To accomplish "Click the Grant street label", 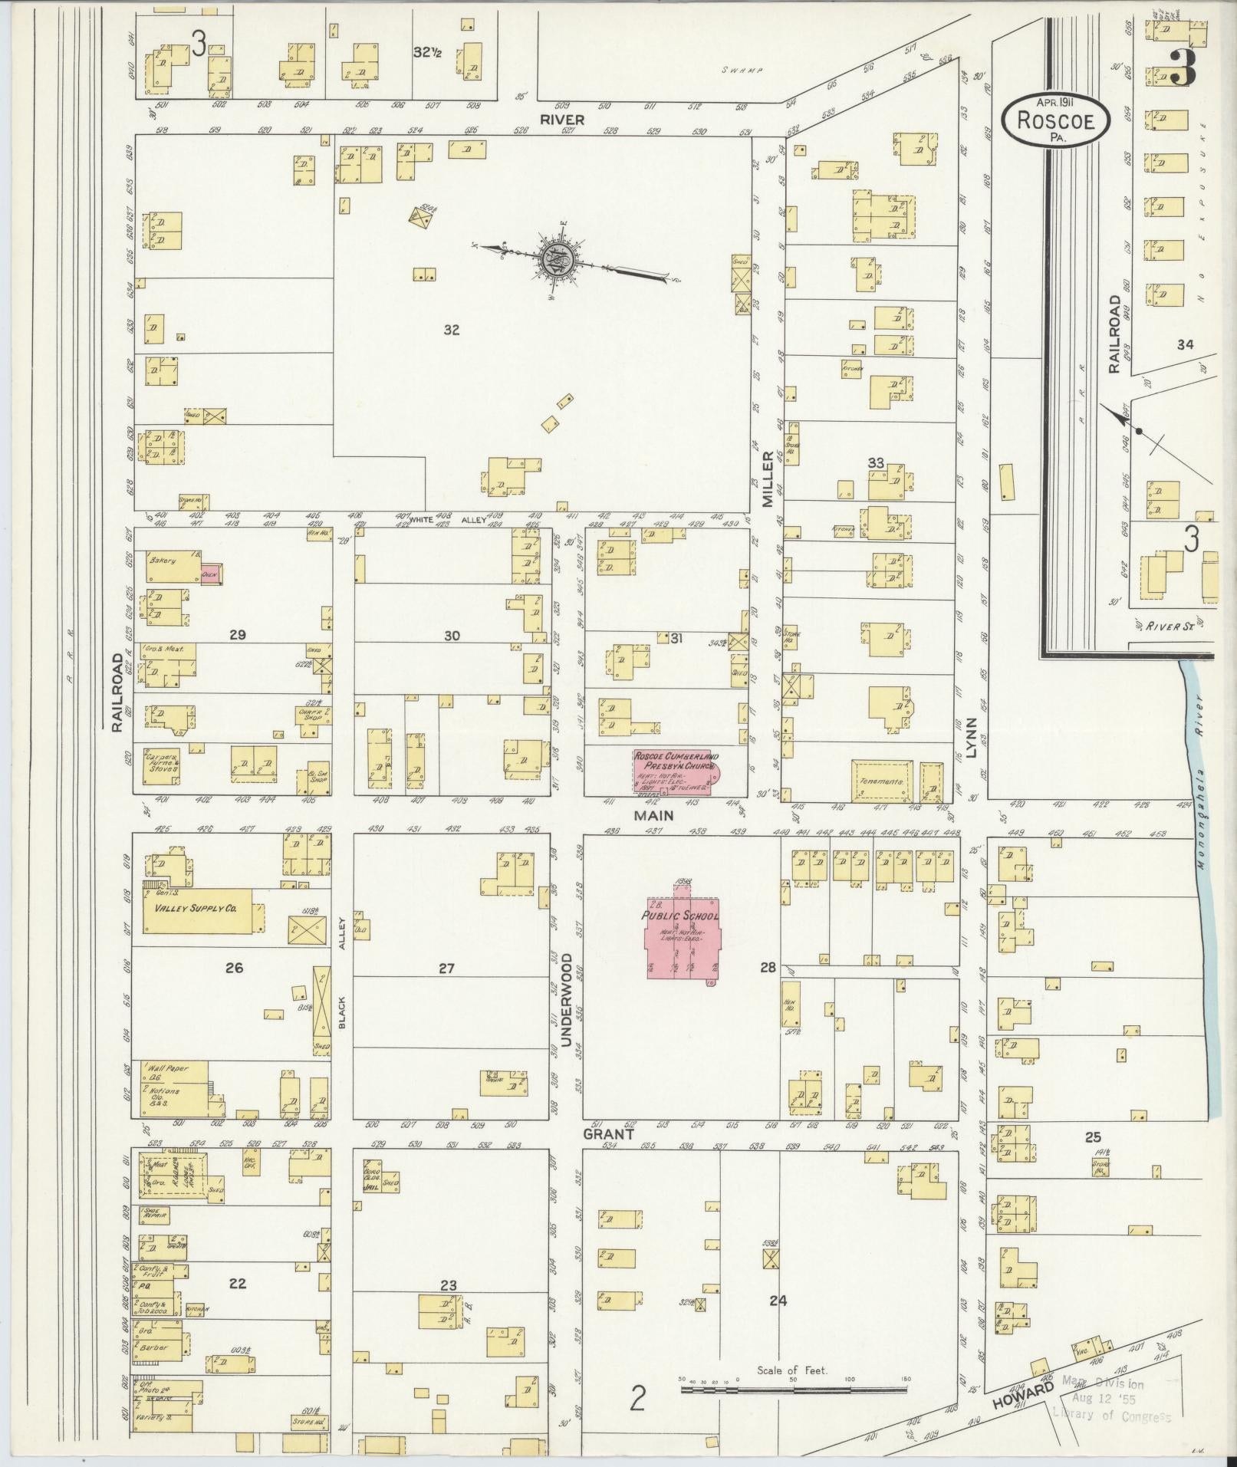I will [x=608, y=1133].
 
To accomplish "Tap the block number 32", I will [x=452, y=330].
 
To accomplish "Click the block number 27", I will [x=446, y=969].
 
